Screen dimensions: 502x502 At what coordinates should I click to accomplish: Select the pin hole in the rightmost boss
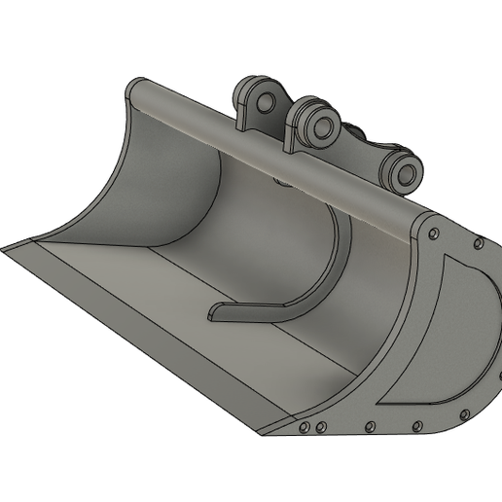(407, 173)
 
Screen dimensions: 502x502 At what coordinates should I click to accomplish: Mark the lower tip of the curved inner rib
(216, 314)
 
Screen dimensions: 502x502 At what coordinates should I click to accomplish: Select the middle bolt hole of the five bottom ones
(370, 425)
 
